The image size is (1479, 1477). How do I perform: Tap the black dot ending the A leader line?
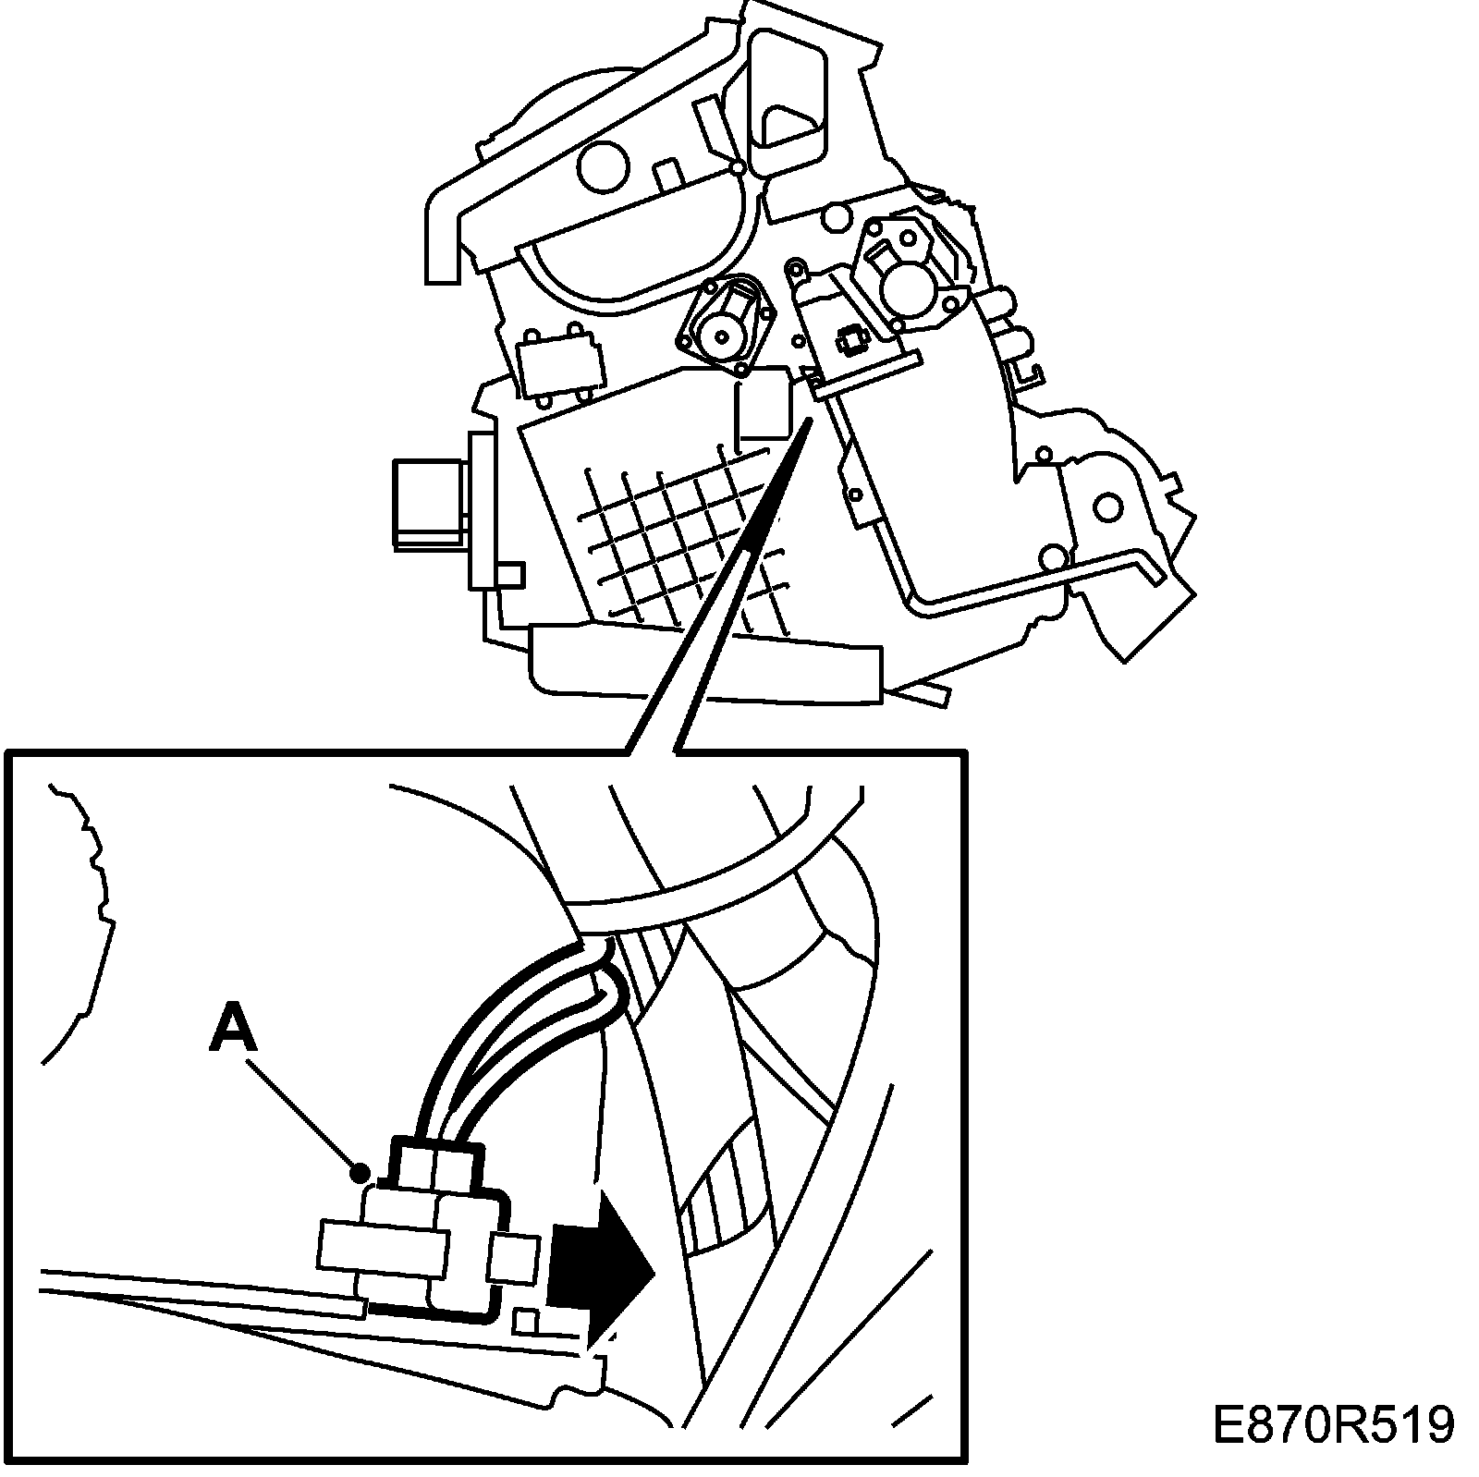click(360, 1174)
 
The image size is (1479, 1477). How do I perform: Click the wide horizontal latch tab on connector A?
click(379, 1244)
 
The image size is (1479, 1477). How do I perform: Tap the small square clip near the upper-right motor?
click(849, 343)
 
